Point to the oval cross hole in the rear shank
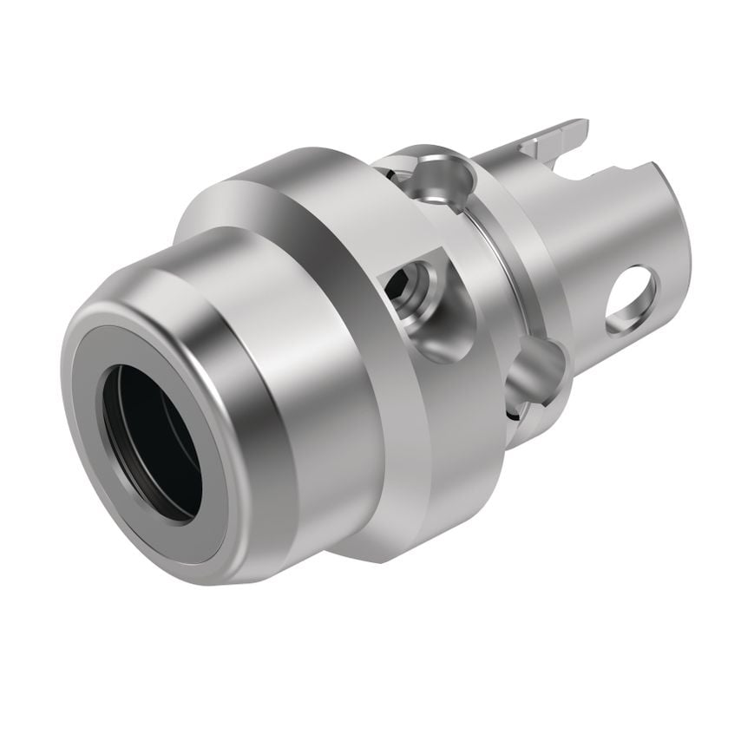(632, 299)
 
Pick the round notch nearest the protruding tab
(442, 178)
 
